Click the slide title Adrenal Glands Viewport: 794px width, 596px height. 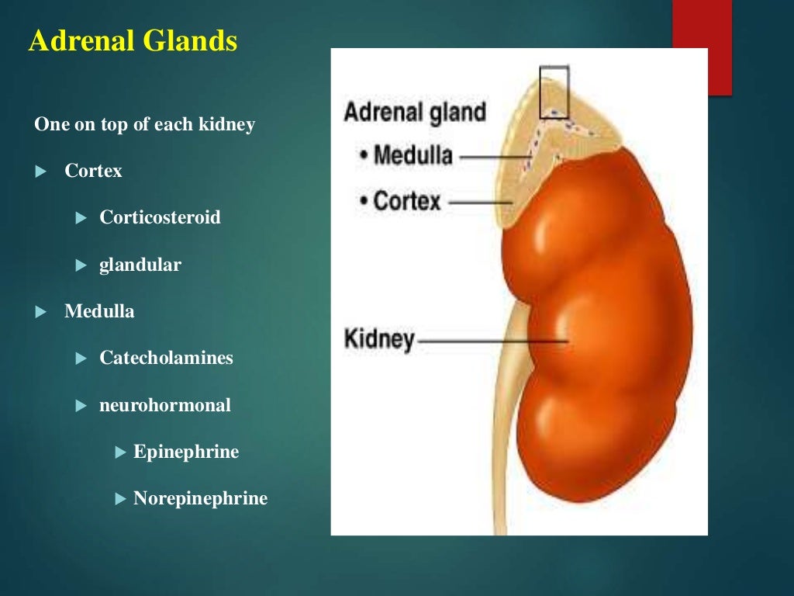(133, 42)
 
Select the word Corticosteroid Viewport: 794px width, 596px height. (160, 217)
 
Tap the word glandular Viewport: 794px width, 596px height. (140, 265)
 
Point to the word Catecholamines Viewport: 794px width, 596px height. (166, 358)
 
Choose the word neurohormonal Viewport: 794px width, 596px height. (165, 405)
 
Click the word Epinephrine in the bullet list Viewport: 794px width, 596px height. (186, 452)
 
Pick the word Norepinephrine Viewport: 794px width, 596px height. (200, 498)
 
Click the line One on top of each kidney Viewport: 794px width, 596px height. (144, 124)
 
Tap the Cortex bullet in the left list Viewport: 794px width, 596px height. (93, 171)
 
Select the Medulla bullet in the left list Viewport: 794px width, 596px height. (99, 311)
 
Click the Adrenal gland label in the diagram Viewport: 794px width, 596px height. (415, 112)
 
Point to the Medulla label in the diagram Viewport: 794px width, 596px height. (413, 155)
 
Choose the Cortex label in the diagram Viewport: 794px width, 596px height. (406, 201)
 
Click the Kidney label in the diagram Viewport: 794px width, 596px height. (379, 340)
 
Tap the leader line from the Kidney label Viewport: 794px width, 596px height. (492, 341)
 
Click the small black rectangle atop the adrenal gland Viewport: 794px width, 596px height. (554, 92)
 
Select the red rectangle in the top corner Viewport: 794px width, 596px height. (702, 47)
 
